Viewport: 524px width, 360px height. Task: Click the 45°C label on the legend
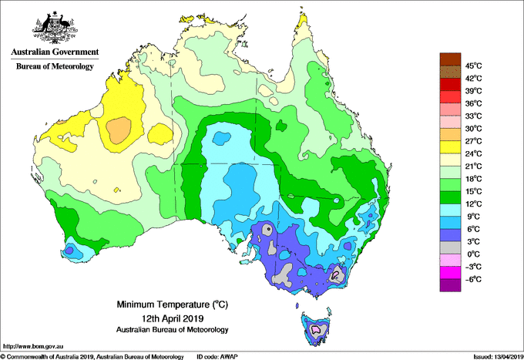coord(473,66)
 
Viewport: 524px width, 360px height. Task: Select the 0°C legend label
coord(473,254)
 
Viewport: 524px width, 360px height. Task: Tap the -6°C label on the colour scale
coord(473,279)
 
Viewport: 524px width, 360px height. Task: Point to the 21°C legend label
coord(473,167)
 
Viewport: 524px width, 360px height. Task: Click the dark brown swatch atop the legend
coord(450,59)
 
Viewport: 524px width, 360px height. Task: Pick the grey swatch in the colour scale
coord(450,247)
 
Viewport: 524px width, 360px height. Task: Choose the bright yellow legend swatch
coord(450,147)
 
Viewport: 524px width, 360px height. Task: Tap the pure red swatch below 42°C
coord(450,84)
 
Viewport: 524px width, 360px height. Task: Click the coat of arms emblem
coord(55,28)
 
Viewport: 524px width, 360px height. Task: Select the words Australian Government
coord(55,52)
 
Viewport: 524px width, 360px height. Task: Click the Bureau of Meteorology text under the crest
coord(55,66)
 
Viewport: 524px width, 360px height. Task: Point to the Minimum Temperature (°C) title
coord(173,304)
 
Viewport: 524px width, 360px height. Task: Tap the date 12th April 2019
coord(173,318)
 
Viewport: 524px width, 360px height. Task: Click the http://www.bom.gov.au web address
coord(33,346)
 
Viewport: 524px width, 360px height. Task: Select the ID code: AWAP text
coord(217,357)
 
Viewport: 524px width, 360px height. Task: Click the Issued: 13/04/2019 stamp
coord(498,357)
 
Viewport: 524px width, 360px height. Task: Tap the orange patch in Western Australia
coord(119,130)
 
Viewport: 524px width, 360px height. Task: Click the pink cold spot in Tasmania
coord(316,329)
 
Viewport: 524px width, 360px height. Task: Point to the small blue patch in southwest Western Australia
coord(69,250)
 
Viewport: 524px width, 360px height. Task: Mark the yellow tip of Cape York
coord(302,23)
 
